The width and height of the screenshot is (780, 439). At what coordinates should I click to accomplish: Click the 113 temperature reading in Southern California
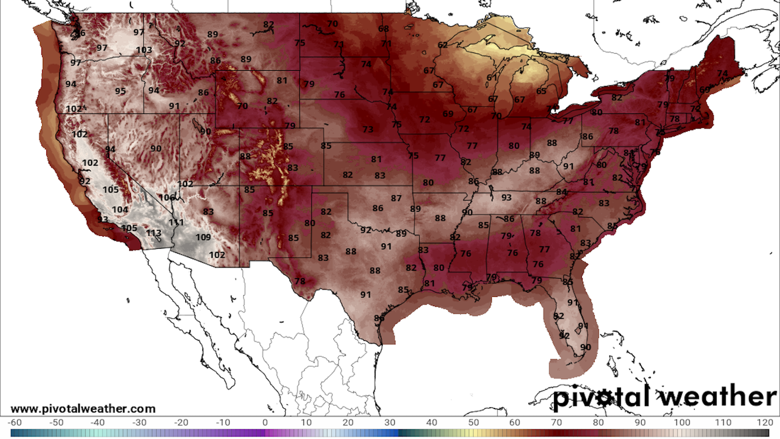[x=154, y=233]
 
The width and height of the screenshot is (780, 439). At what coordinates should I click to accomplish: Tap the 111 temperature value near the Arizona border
[x=176, y=222]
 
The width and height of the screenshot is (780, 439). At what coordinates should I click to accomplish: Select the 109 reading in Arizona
[x=203, y=237]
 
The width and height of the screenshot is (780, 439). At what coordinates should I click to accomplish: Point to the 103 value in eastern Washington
[x=144, y=50]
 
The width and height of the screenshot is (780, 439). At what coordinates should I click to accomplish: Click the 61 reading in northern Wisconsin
[x=492, y=77]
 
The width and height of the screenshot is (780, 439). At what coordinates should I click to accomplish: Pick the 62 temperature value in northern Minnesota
[x=442, y=45]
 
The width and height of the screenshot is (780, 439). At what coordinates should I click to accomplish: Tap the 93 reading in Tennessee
[x=506, y=198]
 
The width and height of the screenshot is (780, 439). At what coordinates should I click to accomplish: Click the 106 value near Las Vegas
[x=167, y=198]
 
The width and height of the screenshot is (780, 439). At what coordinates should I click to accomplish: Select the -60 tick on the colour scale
[x=15, y=422]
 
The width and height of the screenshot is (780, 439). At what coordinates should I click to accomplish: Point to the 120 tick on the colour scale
[x=765, y=422]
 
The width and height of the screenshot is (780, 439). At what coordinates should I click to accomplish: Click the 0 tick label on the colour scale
[x=265, y=422]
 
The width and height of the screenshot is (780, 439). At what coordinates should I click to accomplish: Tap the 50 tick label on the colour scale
[x=473, y=422]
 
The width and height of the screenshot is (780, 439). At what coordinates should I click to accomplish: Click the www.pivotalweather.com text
[x=83, y=409]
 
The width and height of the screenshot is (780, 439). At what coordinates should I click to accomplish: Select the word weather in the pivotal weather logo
[x=718, y=396]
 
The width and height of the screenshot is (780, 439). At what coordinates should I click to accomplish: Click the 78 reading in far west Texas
[x=300, y=281]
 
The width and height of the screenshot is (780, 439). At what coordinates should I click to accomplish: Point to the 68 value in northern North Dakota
[x=383, y=29]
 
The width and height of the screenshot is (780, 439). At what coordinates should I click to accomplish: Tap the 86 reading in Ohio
[x=587, y=137]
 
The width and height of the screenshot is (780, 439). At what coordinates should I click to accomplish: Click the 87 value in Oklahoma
[x=396, y=198]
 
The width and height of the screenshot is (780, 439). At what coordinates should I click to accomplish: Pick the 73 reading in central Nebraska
[x=368, y=129]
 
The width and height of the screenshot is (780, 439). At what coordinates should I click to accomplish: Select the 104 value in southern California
[x=120, y=210]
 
